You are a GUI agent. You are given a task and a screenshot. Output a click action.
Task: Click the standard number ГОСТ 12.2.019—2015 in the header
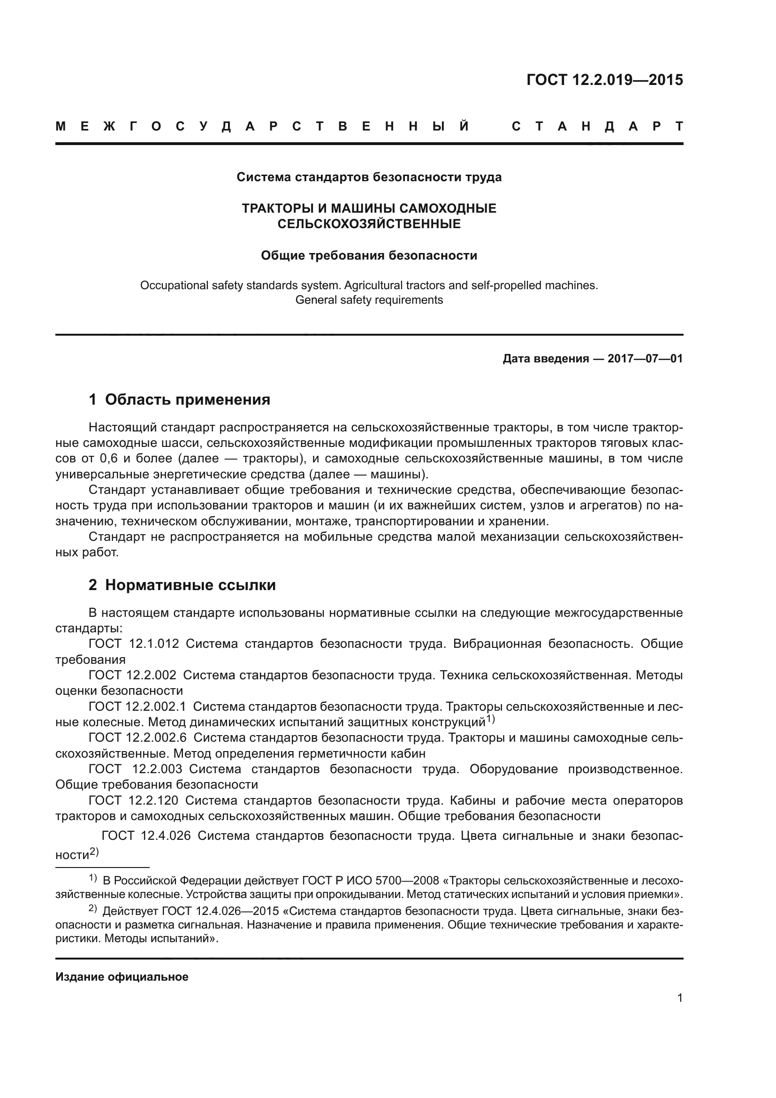click(x=604, y=80)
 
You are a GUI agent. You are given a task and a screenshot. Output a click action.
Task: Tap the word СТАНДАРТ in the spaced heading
click(x=597, y=127)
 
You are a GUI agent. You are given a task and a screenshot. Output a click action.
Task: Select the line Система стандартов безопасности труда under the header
click(x=369, y=177)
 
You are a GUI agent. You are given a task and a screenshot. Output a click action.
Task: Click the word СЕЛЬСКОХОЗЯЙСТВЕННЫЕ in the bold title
click(x=369, y=224)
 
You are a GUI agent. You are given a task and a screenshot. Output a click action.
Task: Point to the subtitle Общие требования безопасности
click(x=369, y=256)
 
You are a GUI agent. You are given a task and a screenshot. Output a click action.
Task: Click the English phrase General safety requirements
click(x=369, y=300)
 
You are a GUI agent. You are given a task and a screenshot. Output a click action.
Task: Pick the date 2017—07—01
click(x=645, y=359)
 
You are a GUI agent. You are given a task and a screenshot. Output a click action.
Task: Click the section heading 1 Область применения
click(x=179, y=399)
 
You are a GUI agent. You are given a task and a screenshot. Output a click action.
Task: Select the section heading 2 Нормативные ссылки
click(x=182, y=585)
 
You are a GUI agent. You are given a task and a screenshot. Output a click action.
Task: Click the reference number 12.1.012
click(x=154, y=644)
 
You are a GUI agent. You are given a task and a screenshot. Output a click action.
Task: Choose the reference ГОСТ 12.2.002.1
click(x=137, y=706)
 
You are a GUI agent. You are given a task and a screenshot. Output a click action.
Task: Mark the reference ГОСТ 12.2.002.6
click(x=137, y=738)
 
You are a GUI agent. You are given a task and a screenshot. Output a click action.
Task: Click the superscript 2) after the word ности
click(x=94, y=852)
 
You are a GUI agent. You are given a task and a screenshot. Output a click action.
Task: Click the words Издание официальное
click(x=122, y=977)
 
